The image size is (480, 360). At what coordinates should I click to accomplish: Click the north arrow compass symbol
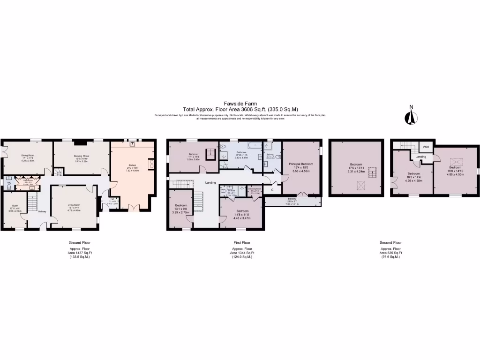tap(411, 116)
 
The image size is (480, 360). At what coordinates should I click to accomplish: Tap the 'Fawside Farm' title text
tap(240, 105)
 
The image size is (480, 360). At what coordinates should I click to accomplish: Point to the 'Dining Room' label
tap(26, 156)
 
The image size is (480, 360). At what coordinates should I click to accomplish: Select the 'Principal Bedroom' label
tap(301, 164)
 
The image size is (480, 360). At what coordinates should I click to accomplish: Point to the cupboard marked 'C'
tap(272, 190)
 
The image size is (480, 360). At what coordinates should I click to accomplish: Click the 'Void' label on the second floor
tap(427, 147)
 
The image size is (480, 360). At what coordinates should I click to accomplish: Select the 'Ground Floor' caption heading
tap(80, 242)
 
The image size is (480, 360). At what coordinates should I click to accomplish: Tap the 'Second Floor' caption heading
tap(390, 242)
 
